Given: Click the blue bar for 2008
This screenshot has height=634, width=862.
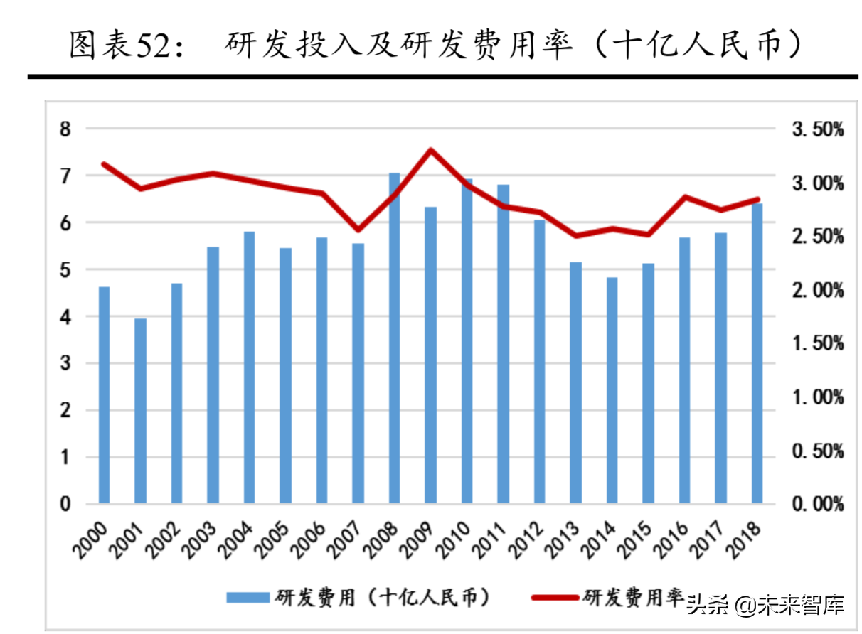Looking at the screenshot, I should (x=394, y=338).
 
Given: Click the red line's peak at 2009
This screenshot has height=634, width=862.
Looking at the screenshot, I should (x=430, y=150).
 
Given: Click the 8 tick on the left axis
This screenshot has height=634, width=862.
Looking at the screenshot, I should (x=65, y=129).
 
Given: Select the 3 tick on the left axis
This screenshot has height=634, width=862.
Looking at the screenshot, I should (x=65, y=364).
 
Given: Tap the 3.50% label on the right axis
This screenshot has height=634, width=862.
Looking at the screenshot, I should (x=817, y=130).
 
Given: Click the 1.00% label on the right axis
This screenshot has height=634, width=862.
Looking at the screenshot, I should (x=817, y=397).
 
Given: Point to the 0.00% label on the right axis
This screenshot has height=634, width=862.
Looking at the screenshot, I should (x=817, y=505).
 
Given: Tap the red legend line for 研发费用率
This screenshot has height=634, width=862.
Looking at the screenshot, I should (x=555, y=598).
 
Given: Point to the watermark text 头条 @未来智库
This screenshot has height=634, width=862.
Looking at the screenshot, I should (x=765, y=606).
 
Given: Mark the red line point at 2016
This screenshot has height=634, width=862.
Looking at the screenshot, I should (x=684, y=196).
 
